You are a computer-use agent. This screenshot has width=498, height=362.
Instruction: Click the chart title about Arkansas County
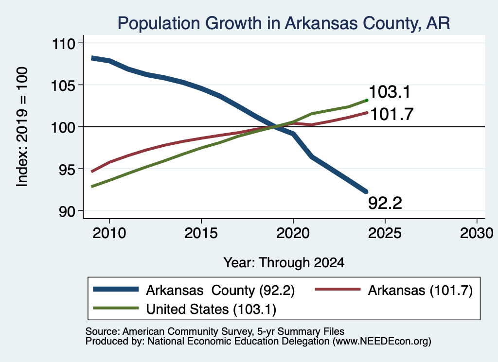pyautogui.click(x=284, y=23)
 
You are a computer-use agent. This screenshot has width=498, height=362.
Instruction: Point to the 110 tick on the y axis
pyautogui.click(x=64, y=43)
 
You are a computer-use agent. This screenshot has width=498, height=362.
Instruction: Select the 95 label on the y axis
pyautogui.click(x=67, y=169)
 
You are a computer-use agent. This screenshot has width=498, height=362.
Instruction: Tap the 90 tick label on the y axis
pyautogui.click(x=67, y=211)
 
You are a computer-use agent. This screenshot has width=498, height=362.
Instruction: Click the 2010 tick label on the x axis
pyautogui.click(x=109, y=233)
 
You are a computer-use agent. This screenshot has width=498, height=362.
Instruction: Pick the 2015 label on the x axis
pyautogui.click(x=201, y=233)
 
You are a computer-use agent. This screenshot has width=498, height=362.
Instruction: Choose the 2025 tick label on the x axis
pyautogui.click(x=385, y=233)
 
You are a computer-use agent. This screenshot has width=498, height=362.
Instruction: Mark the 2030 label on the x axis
pyautogui.click(x=477, y=233)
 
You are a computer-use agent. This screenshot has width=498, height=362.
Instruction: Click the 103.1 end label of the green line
pyautogui.click(x=390, y=92)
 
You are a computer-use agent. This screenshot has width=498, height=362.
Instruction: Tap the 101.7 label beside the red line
pyautogui.click(x=392, y=114)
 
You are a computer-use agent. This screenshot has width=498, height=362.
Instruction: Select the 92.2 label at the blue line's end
pyautogui.click(x=385, y=203)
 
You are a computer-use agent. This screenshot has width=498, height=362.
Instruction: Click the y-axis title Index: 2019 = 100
pyautogui.click(x=22, y=127)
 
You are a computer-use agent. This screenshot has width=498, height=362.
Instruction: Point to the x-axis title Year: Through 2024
pyautogui.click(x=284, y=263)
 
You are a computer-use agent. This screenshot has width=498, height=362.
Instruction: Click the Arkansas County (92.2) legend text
pyautogui.click(x=220, y=290)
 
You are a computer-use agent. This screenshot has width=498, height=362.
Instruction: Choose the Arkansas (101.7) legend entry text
pyautogui.click(x=421, y=290)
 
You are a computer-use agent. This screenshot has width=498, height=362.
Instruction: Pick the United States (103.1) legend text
pyautogui.click(x=211, y=309)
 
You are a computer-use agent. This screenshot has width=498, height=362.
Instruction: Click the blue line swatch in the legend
pyautogui.click(x=116, y=289)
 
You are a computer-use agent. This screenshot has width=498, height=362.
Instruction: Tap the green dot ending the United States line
pyautogui.click(x=367, y=100)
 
